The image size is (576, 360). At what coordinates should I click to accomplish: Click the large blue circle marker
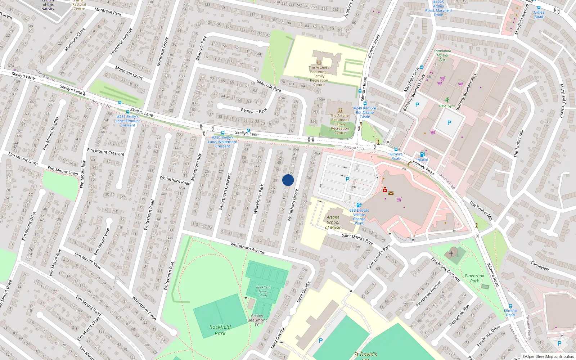[x=288, y=180]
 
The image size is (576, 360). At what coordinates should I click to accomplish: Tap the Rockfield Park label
[x=220, y=330]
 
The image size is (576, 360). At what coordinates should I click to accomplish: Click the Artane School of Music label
[x=333, y=222]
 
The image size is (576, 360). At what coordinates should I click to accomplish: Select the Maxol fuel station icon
[x=423, y=155]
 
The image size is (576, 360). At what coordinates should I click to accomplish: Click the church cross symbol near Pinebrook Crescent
[x=451, y=253]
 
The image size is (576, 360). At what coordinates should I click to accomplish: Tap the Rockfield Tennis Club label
[x=263, y=291]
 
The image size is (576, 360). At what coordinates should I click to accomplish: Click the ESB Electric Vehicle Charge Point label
[x=359, y=217]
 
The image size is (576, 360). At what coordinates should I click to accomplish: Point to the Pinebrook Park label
[x=474, y=278]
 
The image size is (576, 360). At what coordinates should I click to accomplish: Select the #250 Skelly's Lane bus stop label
[x=222, y=142]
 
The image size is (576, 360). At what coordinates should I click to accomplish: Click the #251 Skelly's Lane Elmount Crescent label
[x=128, y=121]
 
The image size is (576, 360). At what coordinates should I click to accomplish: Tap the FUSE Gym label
[x=446, y=106]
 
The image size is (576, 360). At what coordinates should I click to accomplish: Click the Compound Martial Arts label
[x=442, y=55]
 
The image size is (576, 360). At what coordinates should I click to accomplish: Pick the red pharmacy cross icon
[x=384, y=190]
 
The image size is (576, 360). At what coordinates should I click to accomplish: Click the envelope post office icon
[x=391, y=193]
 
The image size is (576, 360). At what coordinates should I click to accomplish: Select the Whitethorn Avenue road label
[x=248, y=248]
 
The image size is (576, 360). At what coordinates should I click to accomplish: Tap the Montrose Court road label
[x=129, y=73]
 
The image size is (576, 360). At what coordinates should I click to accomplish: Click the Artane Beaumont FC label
[x=257, y=320]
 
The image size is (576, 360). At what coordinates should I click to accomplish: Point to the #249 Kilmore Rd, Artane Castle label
[x=365, y=112]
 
